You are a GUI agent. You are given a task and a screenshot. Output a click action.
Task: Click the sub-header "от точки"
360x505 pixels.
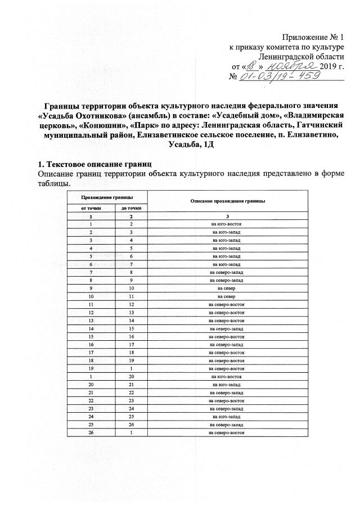(x=90, y=208)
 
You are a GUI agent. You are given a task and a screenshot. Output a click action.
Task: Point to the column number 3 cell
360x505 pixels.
(x=228, y=217)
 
